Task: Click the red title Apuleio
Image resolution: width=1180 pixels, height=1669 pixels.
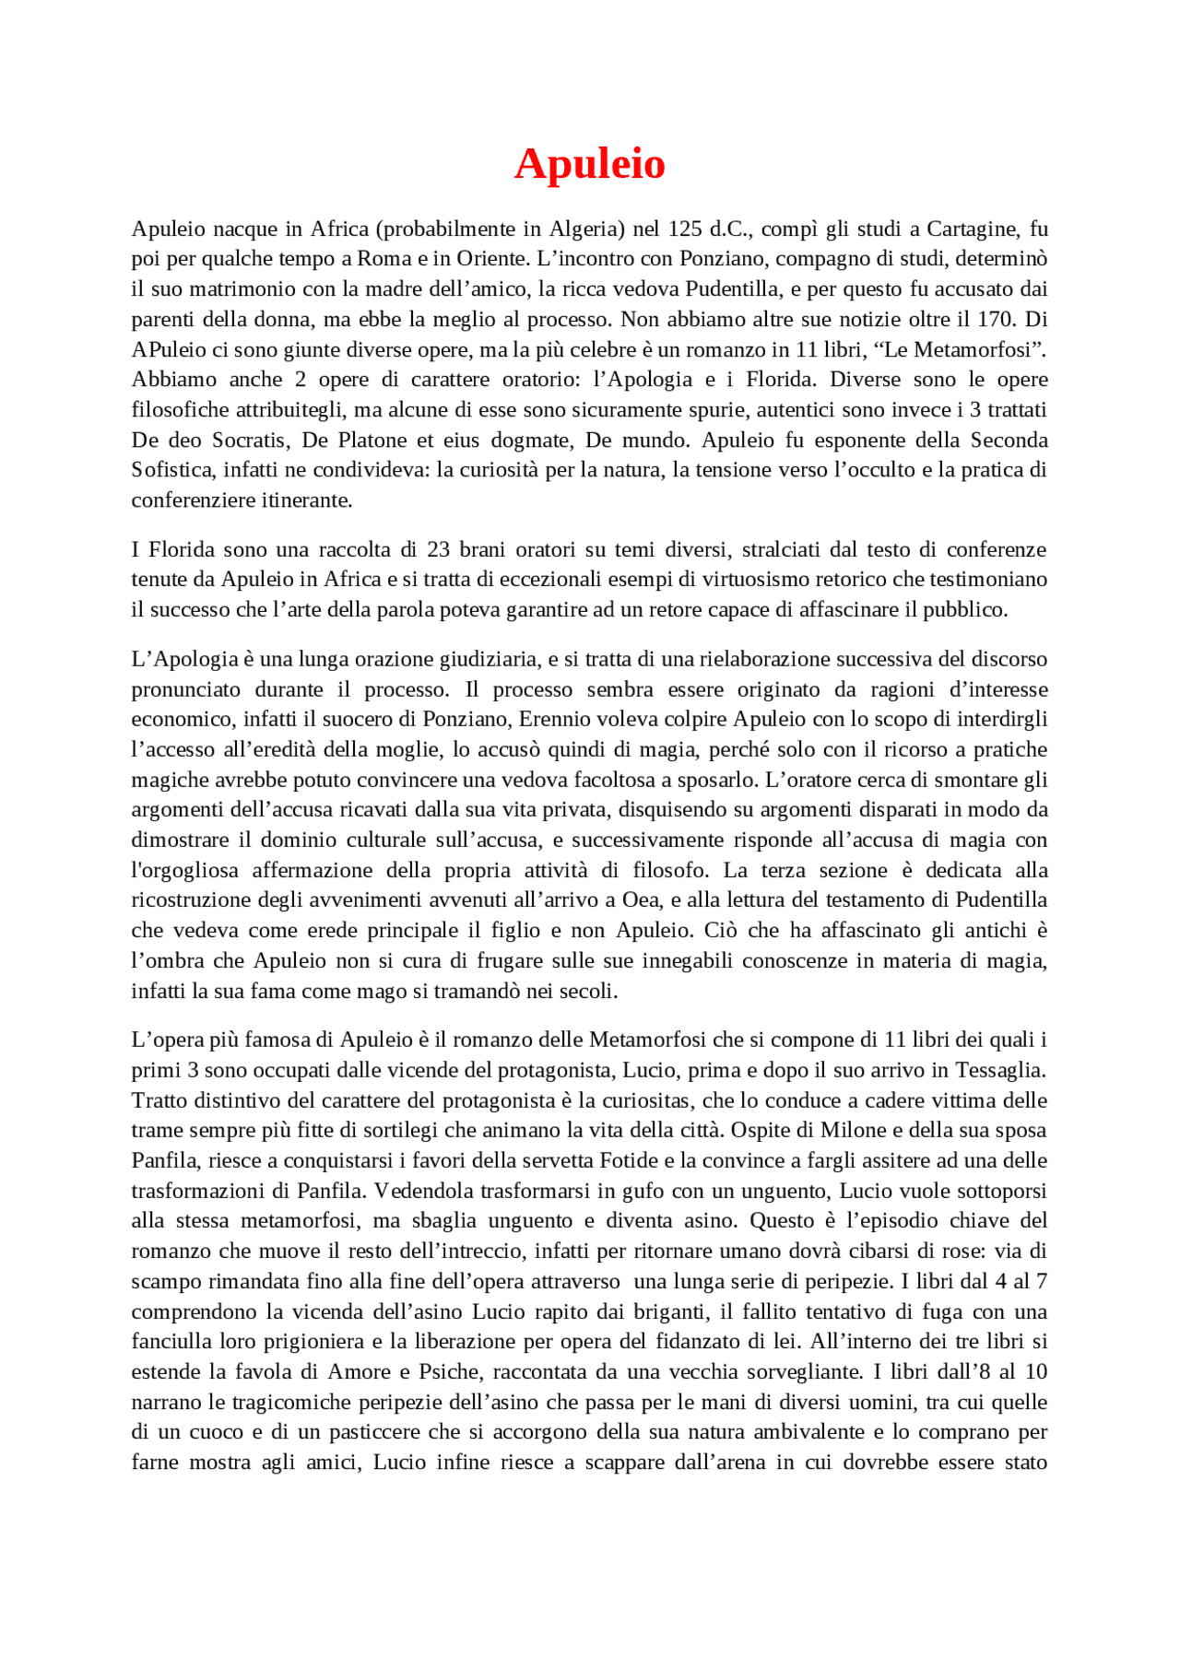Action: (589, 164)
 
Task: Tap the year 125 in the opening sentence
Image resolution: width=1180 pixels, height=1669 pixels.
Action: (685, 229)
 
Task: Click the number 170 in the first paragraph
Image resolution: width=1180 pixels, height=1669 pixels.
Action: (995, 319)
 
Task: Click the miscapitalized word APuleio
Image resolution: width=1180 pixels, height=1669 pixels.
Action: (169, 350)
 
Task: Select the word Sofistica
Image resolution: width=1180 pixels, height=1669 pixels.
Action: (171, 470)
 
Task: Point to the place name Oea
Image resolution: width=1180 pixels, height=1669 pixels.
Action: (641, 900)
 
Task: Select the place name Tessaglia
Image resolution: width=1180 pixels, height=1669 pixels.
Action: (999, 1071)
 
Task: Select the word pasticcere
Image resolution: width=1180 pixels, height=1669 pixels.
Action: (379, 1432)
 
